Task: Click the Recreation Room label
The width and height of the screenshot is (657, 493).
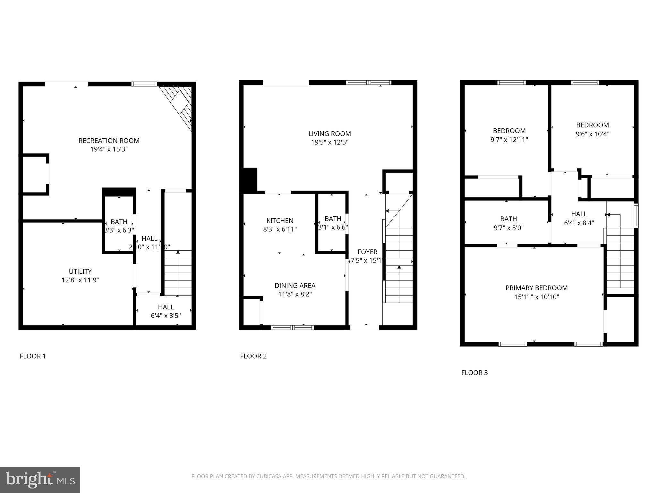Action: coord(109,141)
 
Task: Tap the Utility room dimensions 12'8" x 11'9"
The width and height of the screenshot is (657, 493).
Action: coord(80,280)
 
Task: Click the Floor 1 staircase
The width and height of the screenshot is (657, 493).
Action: coord(178,273)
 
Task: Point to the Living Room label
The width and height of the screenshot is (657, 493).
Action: coord(329,134)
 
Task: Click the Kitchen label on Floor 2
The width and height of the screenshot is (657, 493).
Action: coord(280,221)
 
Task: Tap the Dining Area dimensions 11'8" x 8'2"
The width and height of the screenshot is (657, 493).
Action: coord(295,294)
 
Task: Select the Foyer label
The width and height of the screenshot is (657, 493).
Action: coord(367,252)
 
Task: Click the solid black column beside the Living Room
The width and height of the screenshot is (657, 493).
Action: coord(250,180)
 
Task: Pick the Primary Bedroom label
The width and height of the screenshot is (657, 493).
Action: coord(536,288)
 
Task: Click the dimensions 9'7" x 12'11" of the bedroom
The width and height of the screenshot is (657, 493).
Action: coord(509,140)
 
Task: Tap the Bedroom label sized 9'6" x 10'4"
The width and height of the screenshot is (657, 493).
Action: coord(592,125)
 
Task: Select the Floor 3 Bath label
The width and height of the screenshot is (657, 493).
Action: coord(508,219)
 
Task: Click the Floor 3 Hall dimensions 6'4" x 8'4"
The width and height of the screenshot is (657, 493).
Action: coord(579,223)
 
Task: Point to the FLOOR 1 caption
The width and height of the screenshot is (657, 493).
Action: coord(33,356)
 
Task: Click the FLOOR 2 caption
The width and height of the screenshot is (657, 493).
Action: coord(253,356)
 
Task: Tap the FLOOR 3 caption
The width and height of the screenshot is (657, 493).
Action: coord(474,373)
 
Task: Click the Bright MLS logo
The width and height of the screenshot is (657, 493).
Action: coord(40,480)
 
